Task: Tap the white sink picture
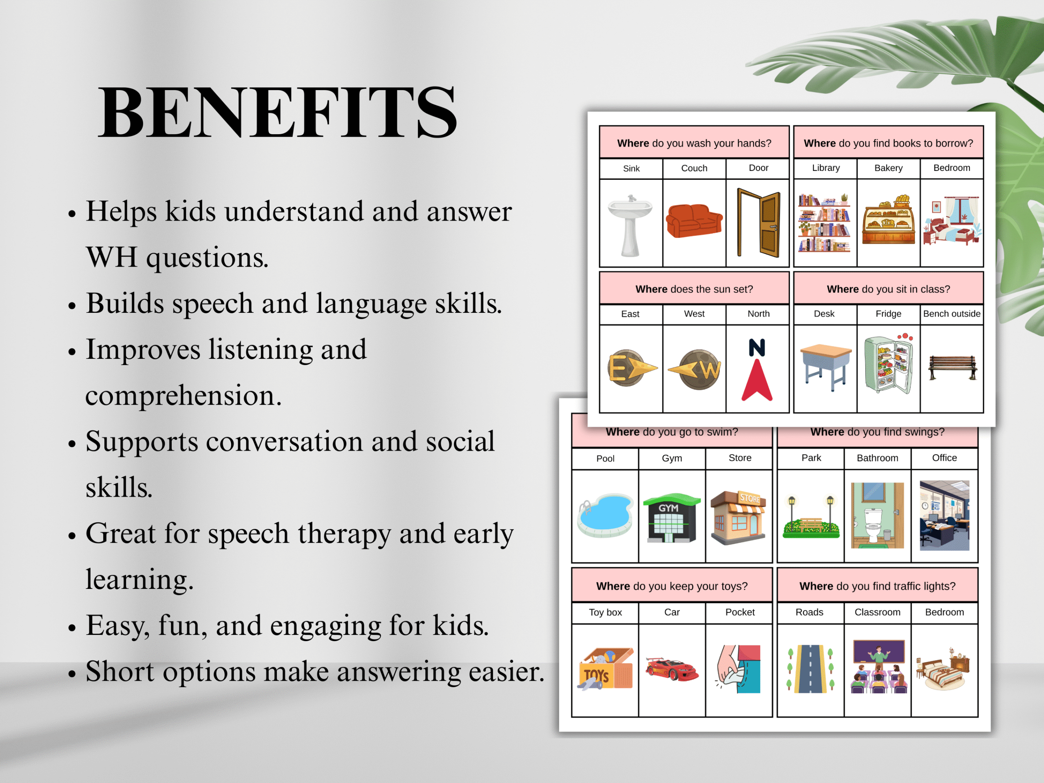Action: [x=630, y=225]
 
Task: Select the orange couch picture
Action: [x=694, y=220]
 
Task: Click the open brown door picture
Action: [x=759, y=223]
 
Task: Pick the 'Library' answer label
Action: [x=825, y=168]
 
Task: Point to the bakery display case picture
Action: [x=888, y=220]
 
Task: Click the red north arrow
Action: [x=757, y=380]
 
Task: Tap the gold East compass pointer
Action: [x=631, y=368]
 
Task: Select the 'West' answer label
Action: [x=694, y=314]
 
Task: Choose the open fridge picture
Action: [x=888, y=364]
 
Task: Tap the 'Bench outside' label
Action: [x=951, y=314]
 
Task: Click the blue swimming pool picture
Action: [x=606, y=515]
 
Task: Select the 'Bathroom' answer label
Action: [x=877, y=458]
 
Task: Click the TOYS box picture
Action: [x=606, y=669]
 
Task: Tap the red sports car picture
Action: [x=672, y=669]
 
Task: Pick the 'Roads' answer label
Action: [x=809, y=612]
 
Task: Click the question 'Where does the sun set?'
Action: [x=694, y=289]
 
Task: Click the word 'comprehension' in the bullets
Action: [x=183, y=396]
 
